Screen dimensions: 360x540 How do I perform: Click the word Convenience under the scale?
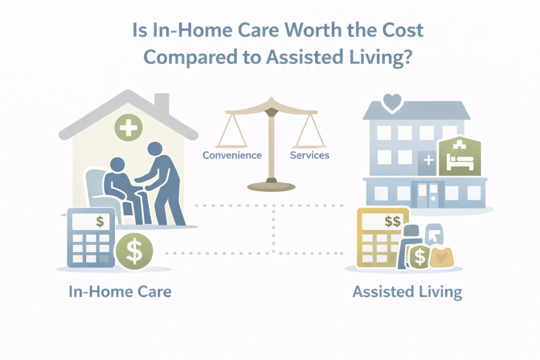(x=233, y=155)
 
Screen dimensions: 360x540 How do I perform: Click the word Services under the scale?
(x=310, y=155)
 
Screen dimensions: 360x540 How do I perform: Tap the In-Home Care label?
(x=120, y=291)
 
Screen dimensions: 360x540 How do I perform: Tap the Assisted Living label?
(x=407, y=291)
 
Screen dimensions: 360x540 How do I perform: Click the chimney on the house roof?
(x=161, y=103)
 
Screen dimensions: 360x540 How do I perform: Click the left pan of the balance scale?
(x=233, y=144)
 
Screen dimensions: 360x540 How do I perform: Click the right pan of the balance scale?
(x=310, y=144)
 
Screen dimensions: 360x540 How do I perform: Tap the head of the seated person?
(x=118, y=164)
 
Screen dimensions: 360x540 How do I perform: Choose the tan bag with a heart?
(x=441, y=257)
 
